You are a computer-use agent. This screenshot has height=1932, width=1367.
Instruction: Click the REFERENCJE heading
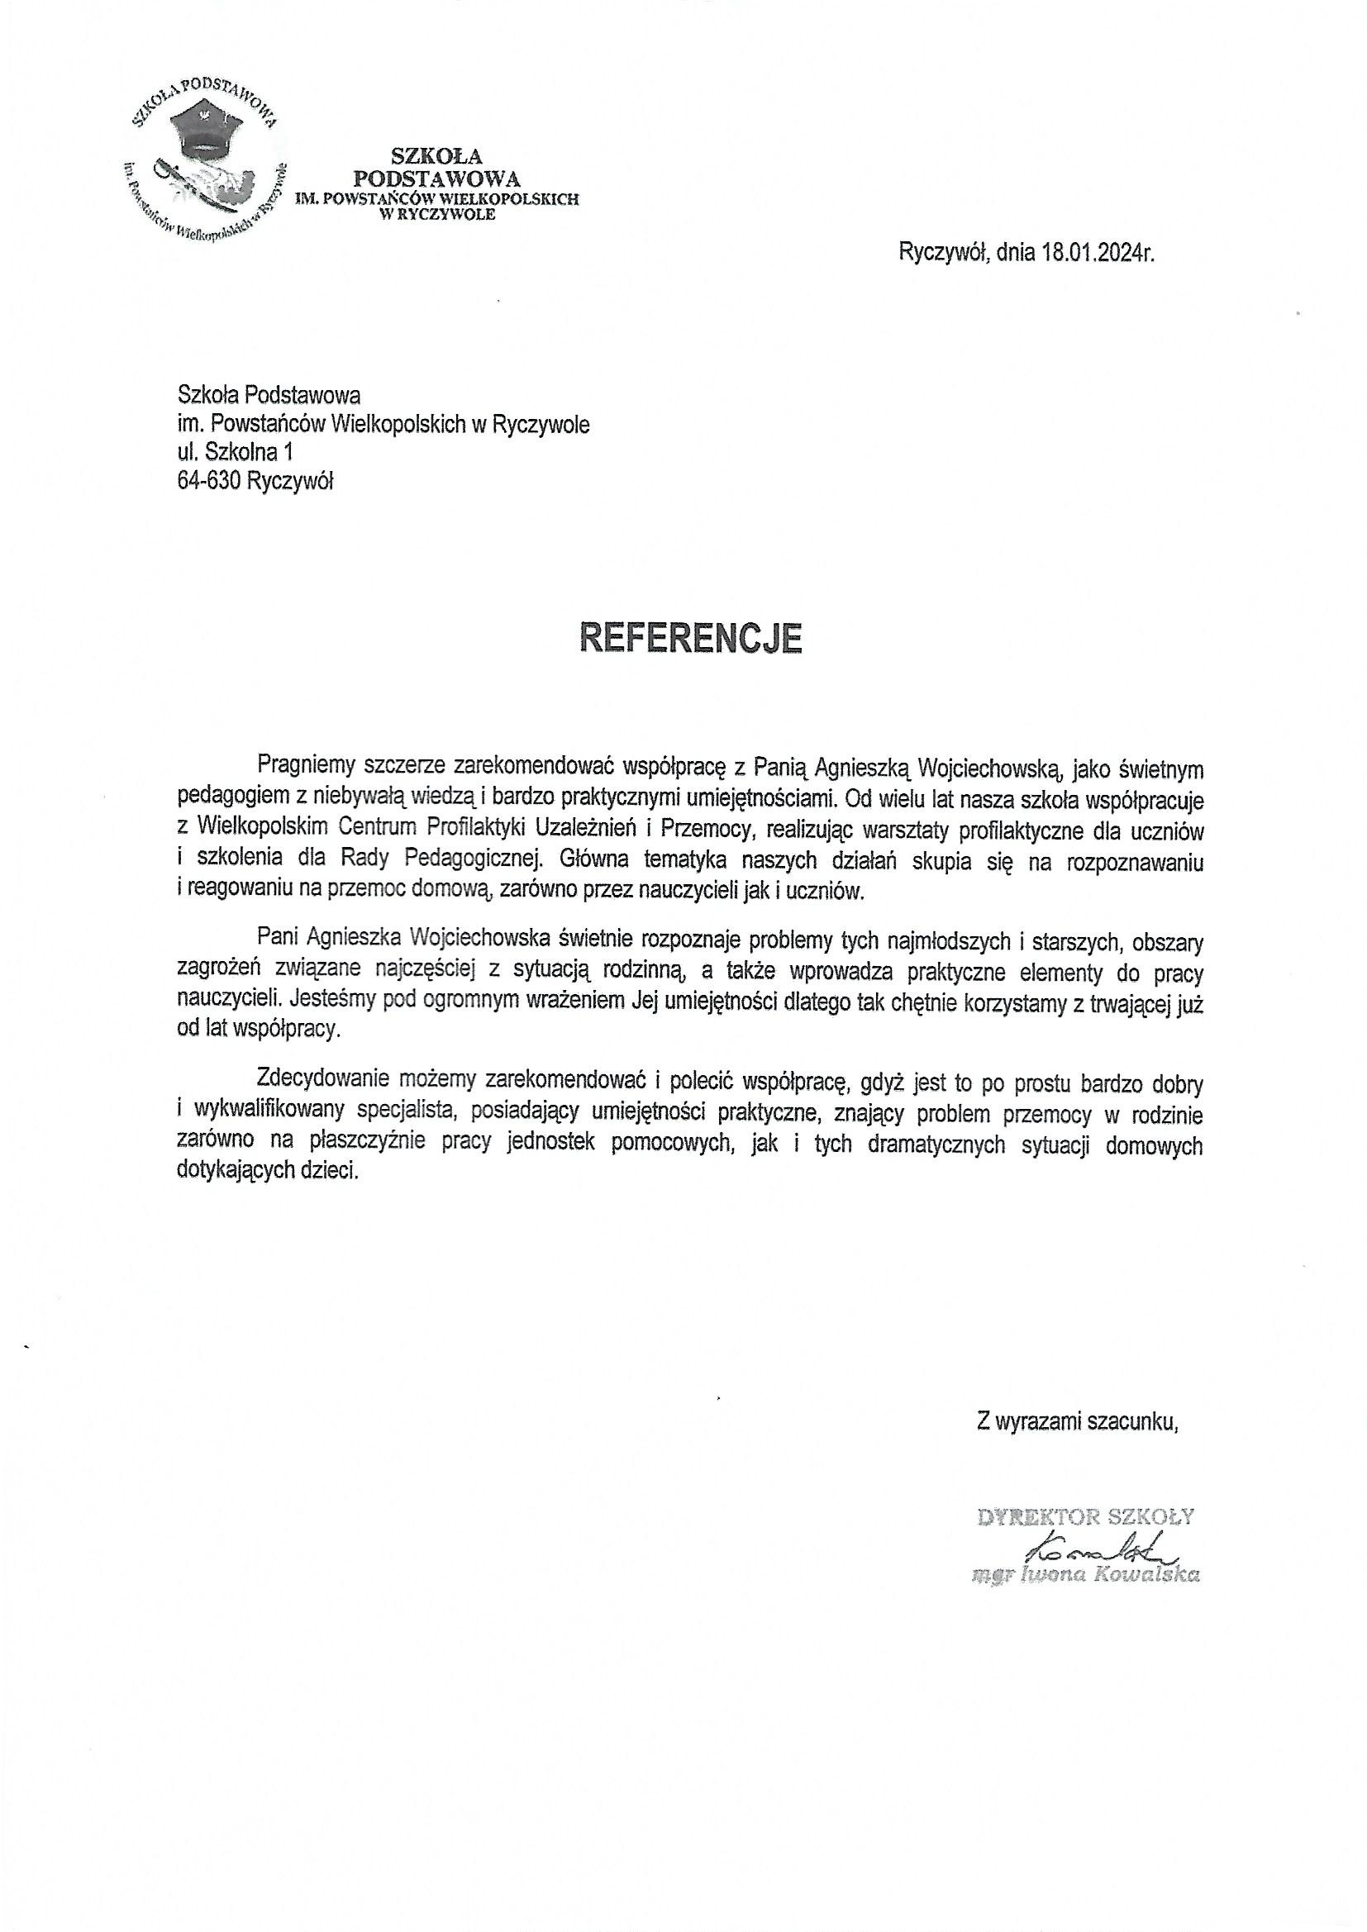click(x=690, y=638)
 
